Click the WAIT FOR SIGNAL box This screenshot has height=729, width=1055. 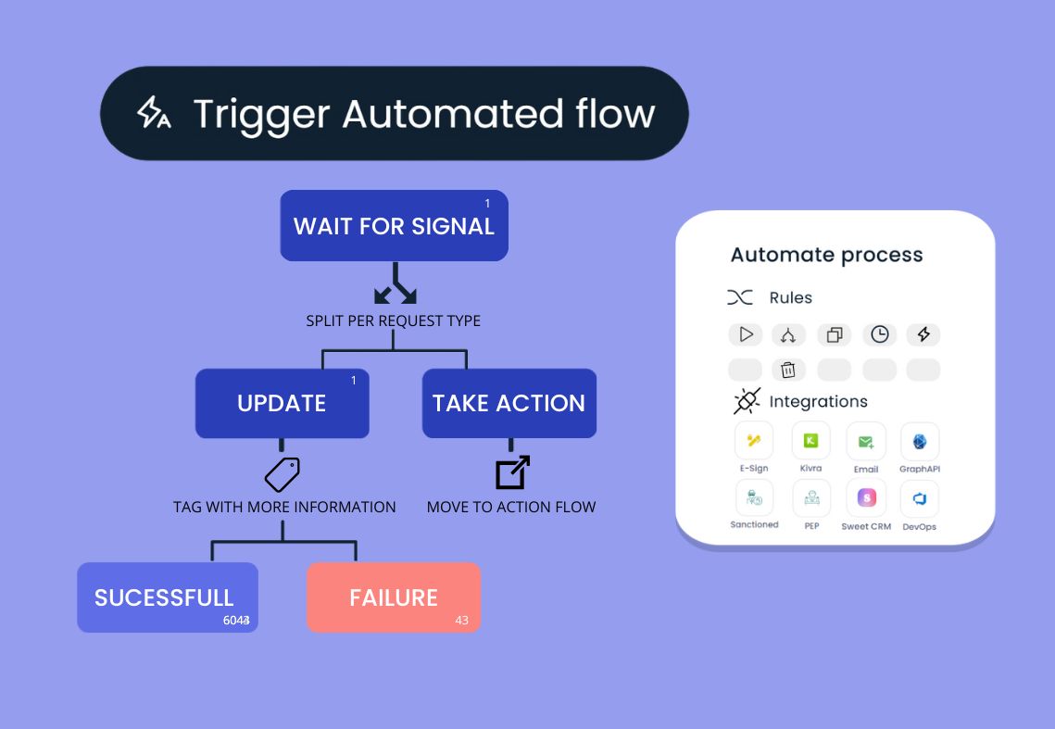[x=394, y=226]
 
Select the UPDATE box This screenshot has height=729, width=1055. [x=282, y=403]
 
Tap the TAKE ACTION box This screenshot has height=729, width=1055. [x=509, y=403]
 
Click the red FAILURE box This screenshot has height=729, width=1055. [x=394, y=597]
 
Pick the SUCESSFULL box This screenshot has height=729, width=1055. [x=167, y=597]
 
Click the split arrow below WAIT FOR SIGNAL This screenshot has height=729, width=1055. [x=395, y=284]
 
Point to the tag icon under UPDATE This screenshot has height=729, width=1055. [x=283, y=474]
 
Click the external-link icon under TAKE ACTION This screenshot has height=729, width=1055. [x=512, y=472]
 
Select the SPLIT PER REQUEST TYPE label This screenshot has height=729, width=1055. [x=394, y=321]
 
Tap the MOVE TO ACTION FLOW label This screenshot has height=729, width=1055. [x=511, y=507]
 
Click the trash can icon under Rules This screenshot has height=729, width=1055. [x=788, y=371]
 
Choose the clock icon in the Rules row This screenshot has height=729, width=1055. [x=879, y=334]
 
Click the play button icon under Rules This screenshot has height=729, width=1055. [x=746, y=334]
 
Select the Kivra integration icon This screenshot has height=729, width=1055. [x=810, y=442]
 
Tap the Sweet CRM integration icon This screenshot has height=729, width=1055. [x=866, y=499]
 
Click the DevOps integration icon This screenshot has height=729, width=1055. [x=920, y=499]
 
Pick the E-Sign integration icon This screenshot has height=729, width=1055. [x=754, y=442]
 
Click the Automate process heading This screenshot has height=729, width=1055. [x=826, y=255]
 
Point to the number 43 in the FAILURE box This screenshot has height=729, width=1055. [x=461, y=620]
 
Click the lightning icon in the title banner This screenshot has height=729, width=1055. [x=153, y=113]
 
